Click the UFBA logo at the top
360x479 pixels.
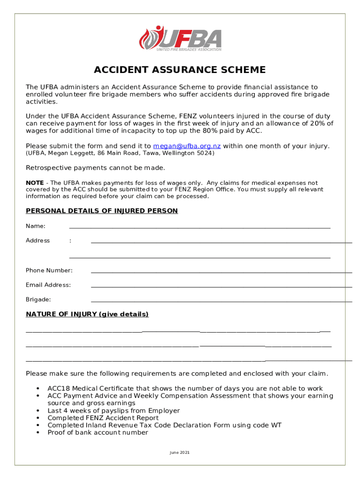pyautogui.click(x=180, y=38)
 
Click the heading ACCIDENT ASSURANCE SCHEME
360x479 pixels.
pyautogui.click(x=180, y=70)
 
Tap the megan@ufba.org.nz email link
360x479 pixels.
pyautogui.click(x=187, y=146)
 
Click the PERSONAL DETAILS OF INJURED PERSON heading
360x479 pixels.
pyautogui.click(x=101, y=211)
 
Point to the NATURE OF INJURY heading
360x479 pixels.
pyautogui.click(x=87, y=314)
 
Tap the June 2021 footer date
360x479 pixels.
pyautogui.click(x=180, y=453)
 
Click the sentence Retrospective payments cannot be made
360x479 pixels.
pyautogui.click(x=95, y=167)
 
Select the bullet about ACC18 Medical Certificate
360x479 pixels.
pyautogui.click(x=185, y=389)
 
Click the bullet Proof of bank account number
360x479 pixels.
pyautogui.click(x=98, y=433)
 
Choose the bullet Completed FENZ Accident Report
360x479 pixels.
pyautogui.click(x=103, y=418)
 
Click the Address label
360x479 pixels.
pyautogui.click(x=38, y=240)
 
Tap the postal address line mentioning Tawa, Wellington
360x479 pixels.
pyautogui.click(x=120, y=153)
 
